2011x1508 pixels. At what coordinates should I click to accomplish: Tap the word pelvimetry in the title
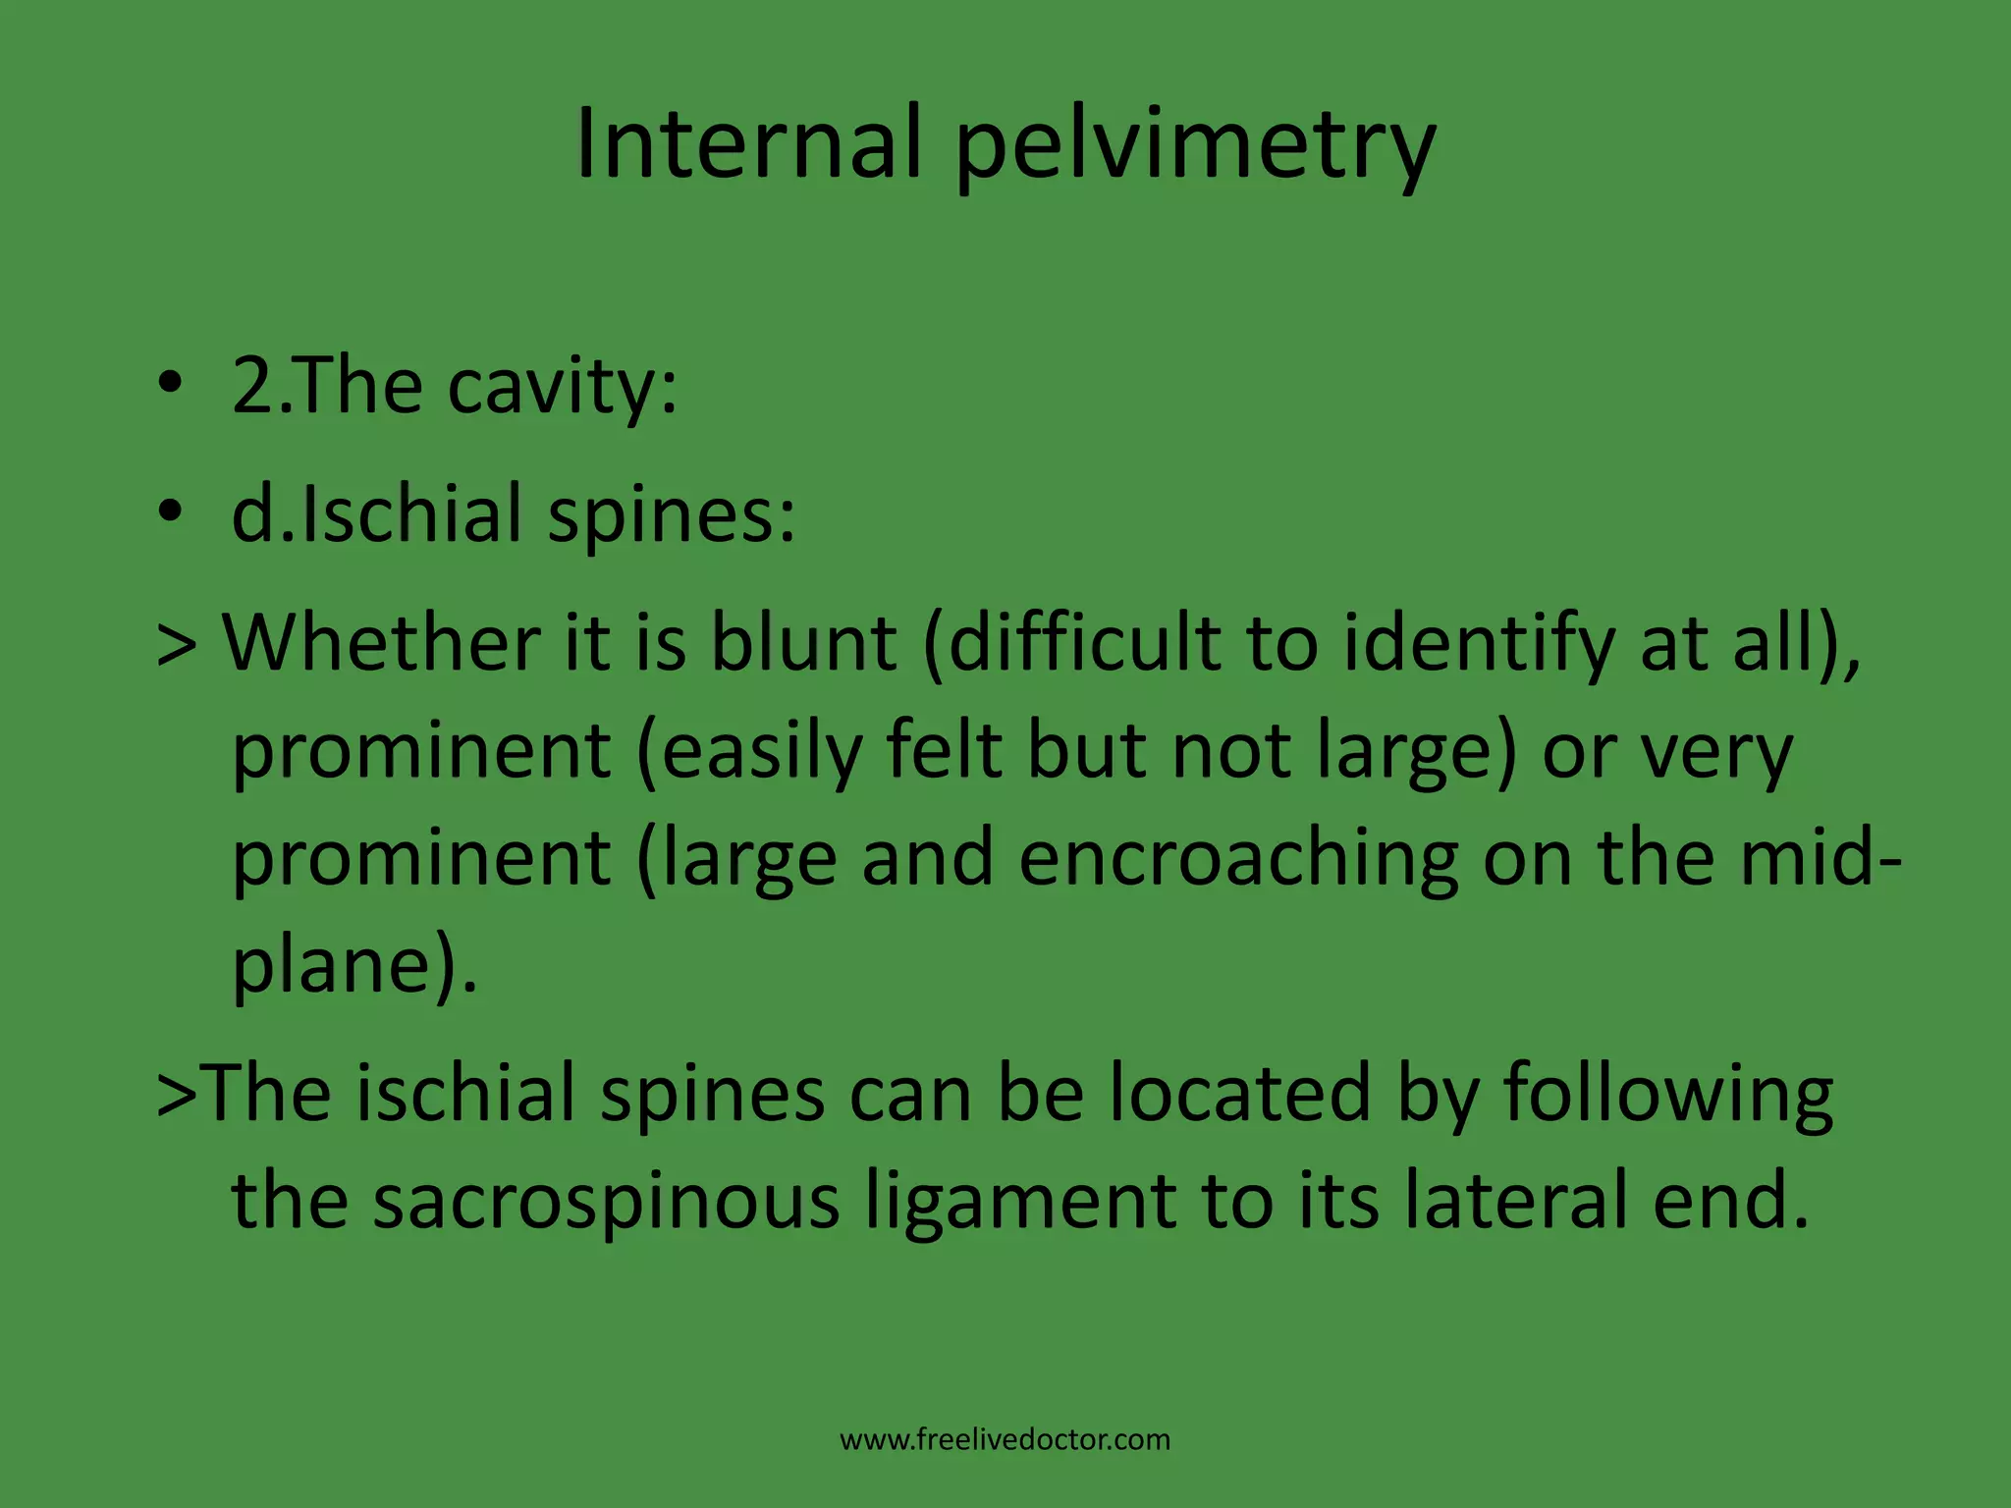click(x=1196, y=147)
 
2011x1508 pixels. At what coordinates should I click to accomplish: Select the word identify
click(x=1479, y=644)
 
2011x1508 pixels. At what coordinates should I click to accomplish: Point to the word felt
click(x=944, y=750)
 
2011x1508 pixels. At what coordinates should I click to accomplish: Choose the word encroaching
click(x=1238, y=858)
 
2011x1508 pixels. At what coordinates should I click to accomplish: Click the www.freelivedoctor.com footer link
click(x=1005, y=1440)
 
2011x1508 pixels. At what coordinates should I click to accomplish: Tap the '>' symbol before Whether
click(x=178, y=644)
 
